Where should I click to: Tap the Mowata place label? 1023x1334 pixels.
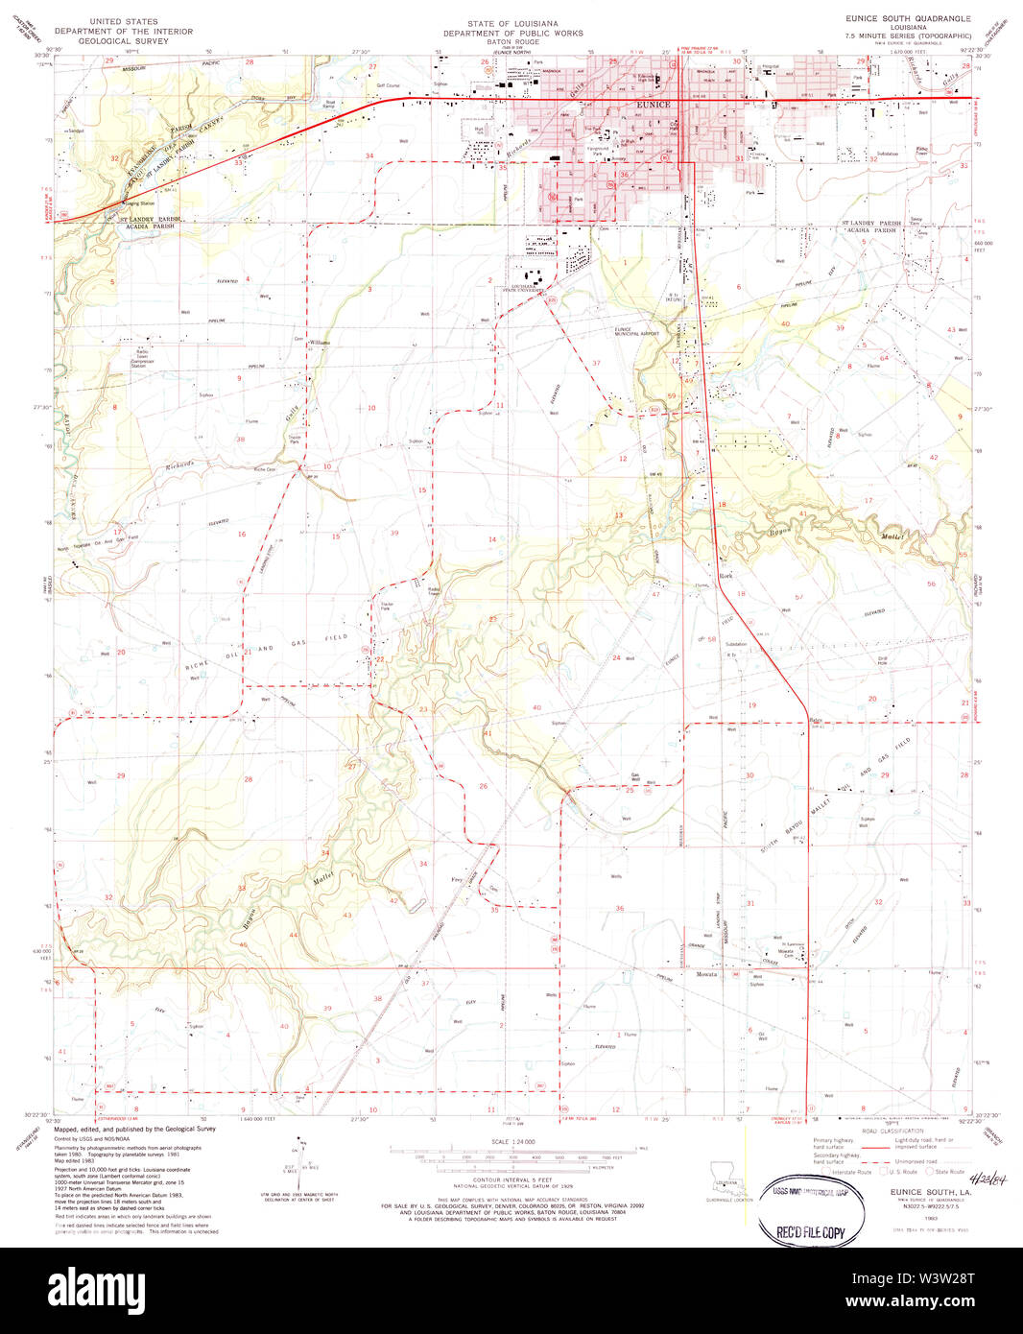[707, 974]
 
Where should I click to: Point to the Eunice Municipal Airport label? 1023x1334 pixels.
[637, 332]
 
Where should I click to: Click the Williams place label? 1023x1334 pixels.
[320, 343]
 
